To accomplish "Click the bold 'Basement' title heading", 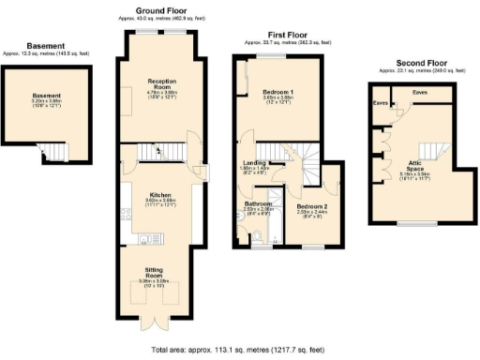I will [x=45, y=45].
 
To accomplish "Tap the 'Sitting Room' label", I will [x=156, y=275].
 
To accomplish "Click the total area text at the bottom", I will [x=239, y=351].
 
